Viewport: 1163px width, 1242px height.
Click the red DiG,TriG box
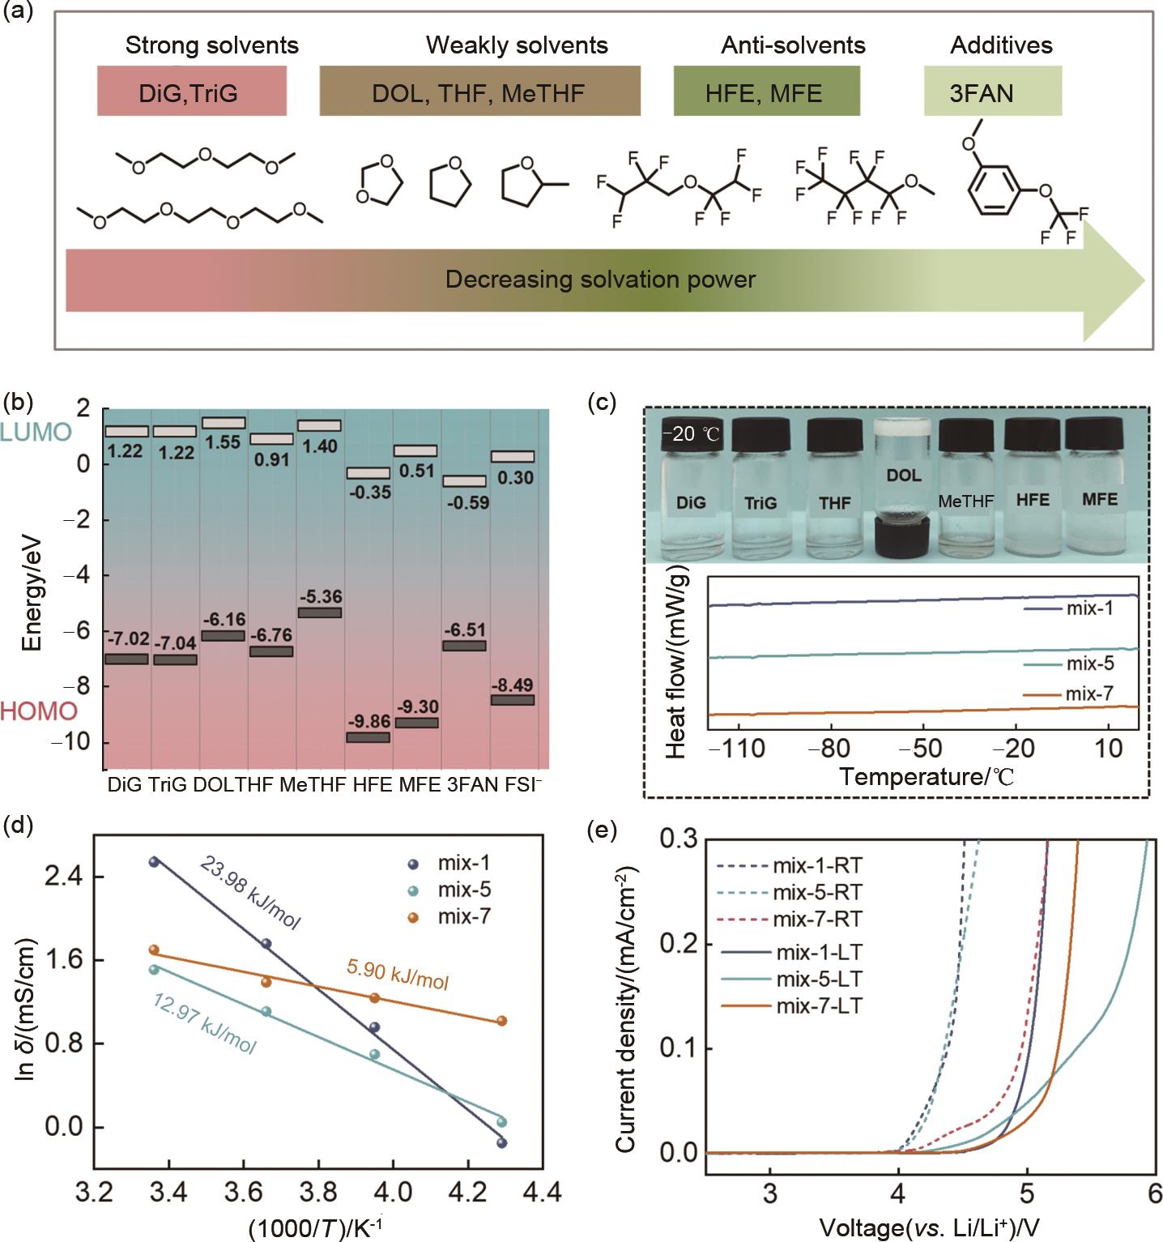click(191, 92)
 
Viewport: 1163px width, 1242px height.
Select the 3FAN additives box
click(992, 92)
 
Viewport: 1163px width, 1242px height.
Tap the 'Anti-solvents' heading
click(793, 45)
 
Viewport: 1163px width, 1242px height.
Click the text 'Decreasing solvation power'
click(600, 280)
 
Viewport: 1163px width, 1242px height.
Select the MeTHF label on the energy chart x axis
click(313, 784)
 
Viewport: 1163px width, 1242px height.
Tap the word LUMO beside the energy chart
click(36, 432)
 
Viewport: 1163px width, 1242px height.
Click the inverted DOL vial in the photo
click(903, 494)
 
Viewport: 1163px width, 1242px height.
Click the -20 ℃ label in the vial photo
click(691, 433)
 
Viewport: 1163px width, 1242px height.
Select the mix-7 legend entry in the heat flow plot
click(1089, 694)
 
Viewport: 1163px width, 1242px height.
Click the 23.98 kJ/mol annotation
click(250, 892)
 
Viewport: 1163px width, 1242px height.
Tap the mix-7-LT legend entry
click(819, 1006)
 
